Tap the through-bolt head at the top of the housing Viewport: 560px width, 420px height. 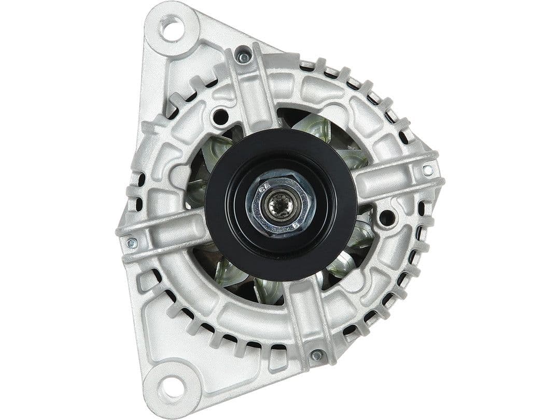(243, 55)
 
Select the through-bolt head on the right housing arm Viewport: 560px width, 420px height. (428, 170)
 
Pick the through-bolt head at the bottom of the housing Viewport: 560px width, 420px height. (316, 356)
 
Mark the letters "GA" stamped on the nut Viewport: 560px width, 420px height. (265, 191)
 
